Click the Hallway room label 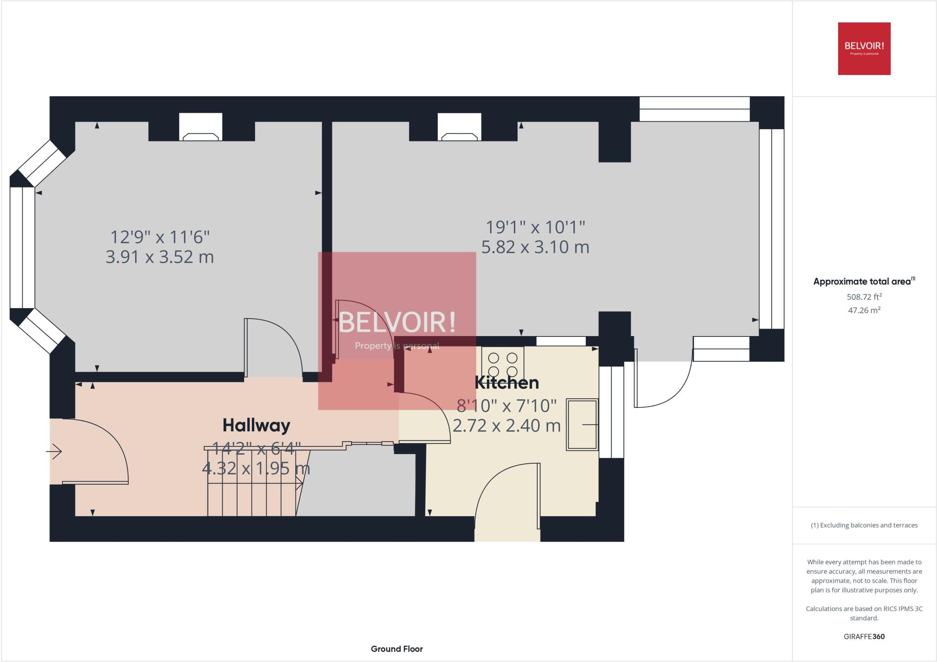pyautogui.click(x=256, y=425)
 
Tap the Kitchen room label pyautogui.click(x=507, y=383)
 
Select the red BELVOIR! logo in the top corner pyautogui.click(x=864, y=49)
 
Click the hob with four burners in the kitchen pyautogui.click(x=502, y=364)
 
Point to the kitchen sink pyautogui.click(x=582, y=424)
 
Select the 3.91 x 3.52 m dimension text pyautogui.click(x=159, y=257)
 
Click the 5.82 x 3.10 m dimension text pyautogui.click(x=535, y=247)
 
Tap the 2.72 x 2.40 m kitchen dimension pyautogui.click(x=507, y=425)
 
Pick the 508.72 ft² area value pyautogui.click(x=864, y=297)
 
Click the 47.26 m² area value pyautogui.click(x=864, y=310)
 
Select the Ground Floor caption pyautogui.click(x=397, y=649)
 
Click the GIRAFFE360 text pyautogui.click(x=864, y=636)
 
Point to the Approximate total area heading pyautogui.click(x=864, y=282)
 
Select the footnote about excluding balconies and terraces pyautogui.click(x=864, y=525)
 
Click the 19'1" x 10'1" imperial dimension pyautogui.click(x=535, y=227)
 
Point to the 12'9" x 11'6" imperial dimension pyautogui.click(x=159, y=237)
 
